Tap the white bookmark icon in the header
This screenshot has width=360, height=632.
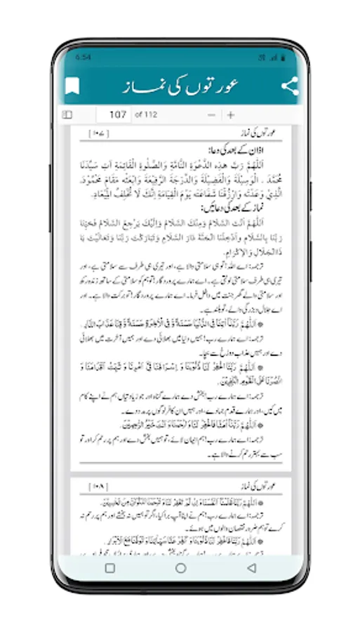pos(72,87)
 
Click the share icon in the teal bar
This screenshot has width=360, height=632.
pos(289,86)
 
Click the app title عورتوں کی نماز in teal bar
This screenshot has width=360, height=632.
pos(180,86)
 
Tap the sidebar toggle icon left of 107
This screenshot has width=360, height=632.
pos(67,114)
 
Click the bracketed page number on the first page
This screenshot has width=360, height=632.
pos(97,132)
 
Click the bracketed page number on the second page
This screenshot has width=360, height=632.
pos(97,486)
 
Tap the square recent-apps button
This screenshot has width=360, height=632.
pos(110,568)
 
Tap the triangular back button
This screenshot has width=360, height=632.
pos(251,568)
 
